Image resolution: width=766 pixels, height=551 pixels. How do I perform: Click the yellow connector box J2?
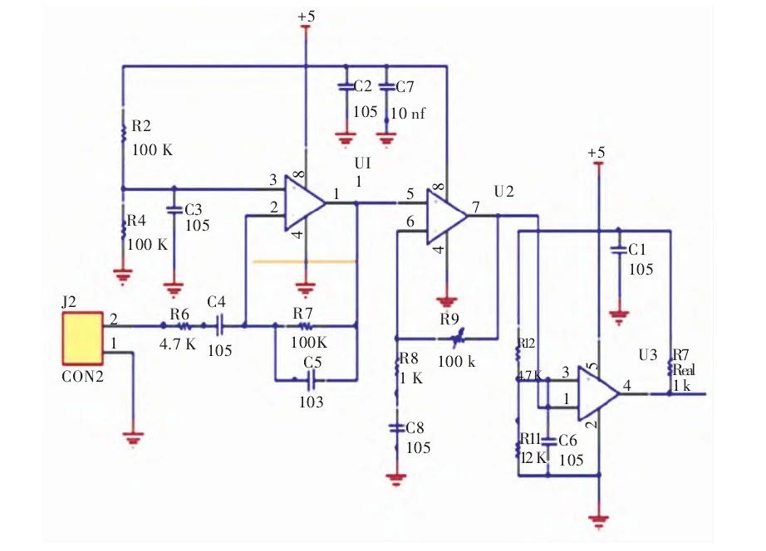81,339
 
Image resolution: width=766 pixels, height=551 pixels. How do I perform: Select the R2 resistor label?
142,127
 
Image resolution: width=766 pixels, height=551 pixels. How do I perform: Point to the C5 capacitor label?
312,363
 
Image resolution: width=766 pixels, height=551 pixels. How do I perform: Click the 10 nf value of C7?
410,113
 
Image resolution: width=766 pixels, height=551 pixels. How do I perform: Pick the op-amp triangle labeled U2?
447,216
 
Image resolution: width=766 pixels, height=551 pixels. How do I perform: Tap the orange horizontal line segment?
305,261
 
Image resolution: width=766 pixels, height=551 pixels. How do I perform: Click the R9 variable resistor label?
449,318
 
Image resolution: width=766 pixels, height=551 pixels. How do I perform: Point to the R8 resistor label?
408,358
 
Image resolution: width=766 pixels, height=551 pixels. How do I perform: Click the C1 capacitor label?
638,249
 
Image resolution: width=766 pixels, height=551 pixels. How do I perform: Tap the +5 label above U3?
596,153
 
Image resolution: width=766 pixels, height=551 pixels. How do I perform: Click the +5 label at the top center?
306,16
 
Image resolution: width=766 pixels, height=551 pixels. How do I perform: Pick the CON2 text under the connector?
81,374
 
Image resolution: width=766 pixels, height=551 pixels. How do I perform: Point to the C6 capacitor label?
568,441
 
